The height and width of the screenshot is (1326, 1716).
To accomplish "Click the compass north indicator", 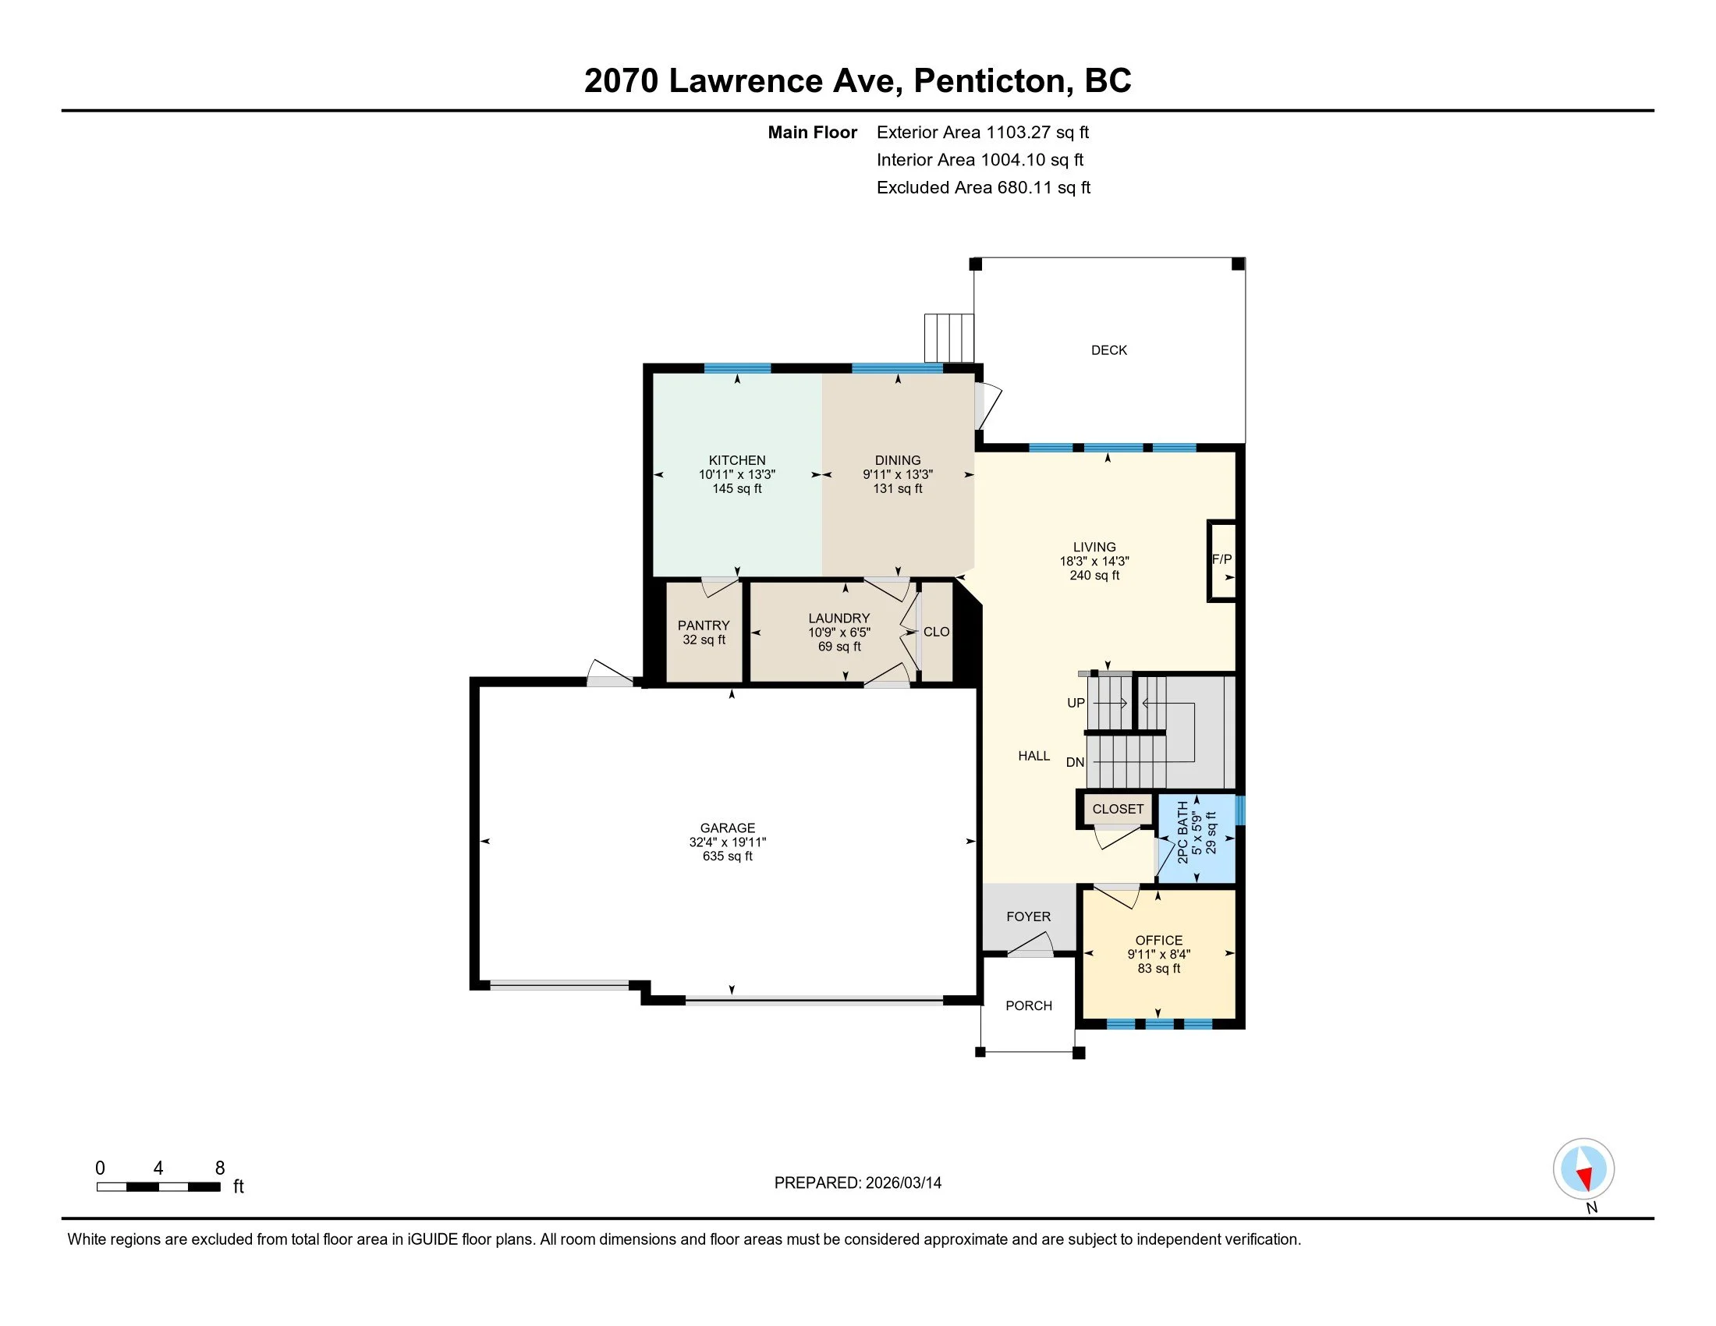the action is [x=1583, y=1169].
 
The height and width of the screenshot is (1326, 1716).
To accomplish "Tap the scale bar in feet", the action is [x=158, y=1186].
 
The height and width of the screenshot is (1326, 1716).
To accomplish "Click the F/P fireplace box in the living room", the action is [x=1221, y=560].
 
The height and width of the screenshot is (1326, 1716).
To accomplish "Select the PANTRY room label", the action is [x=704, y=626].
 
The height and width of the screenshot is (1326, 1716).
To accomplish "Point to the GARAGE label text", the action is [x=728, y=828].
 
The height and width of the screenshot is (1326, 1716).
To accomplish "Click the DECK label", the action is [x=1108, y=350].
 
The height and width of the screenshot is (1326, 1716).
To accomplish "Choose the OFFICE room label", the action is [x=1159, y=941].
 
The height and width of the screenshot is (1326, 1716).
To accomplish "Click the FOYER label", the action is [x=1029, y=916].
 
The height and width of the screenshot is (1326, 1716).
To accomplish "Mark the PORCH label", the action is [x=1029, y=1005].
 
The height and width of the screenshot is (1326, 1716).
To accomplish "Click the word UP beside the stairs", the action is [x=1076, y=703].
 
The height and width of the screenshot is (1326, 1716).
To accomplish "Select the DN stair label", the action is [x=1075, y=762].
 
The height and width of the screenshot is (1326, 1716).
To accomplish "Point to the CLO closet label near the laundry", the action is [x=937, y=632].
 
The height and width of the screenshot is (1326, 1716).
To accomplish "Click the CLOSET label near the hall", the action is [x=1118, y=809].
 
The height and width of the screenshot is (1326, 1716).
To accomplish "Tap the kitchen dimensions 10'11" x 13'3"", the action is [x=737, y=474].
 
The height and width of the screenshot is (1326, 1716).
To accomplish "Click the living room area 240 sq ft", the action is [x=1094, y=575].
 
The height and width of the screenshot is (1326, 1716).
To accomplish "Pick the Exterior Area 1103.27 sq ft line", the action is [x=983, y=132].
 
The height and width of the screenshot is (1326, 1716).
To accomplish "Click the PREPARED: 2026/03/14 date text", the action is [x=858, y=1182].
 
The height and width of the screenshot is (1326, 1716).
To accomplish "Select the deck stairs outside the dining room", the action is [x=949, y=338].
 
